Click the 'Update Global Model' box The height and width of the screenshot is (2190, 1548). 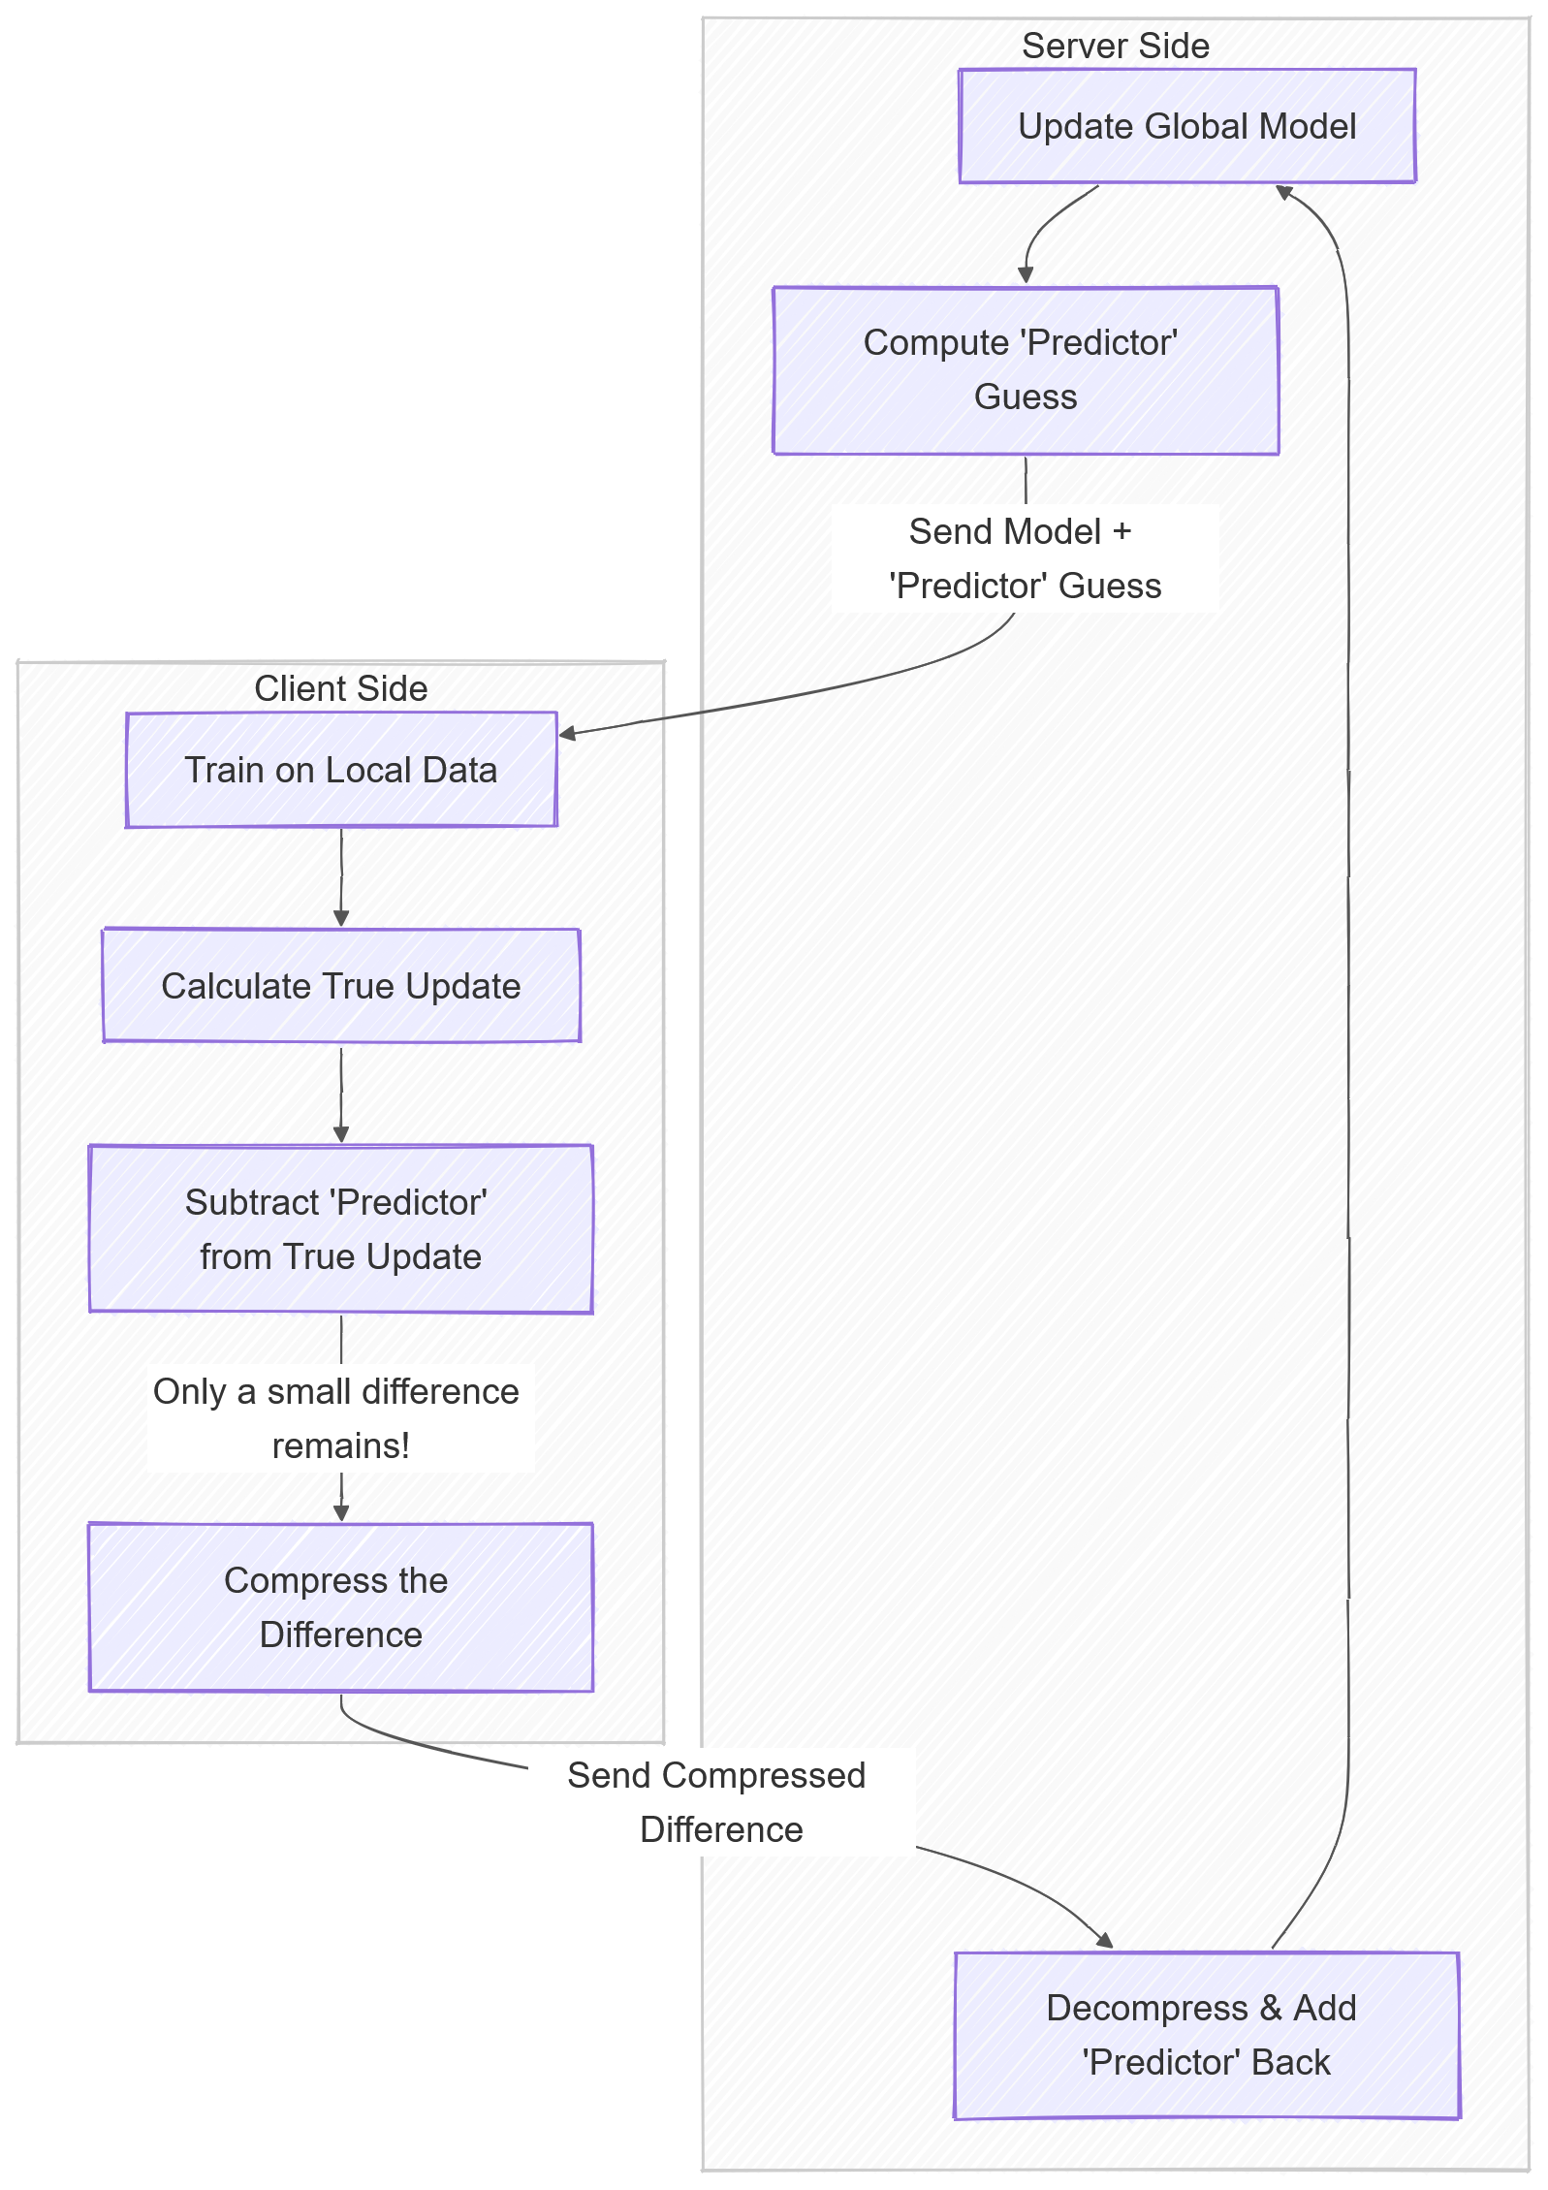(1186, 126)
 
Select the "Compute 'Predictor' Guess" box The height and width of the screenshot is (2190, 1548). (1026, 370)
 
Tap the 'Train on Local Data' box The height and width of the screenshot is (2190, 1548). (341, 770)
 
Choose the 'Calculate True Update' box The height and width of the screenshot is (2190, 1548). (341, 986)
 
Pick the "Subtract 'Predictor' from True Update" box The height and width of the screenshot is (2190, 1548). (341, 1229)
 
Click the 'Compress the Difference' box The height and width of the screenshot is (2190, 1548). (341, 1607)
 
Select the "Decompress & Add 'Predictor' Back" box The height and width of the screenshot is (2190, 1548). (1207, 2035)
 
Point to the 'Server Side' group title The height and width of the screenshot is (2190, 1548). (1116, 46)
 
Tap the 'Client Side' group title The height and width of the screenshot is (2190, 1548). (341, 688)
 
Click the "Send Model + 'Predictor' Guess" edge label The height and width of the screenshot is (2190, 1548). (1026, 558)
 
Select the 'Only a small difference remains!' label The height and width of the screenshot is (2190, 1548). (336, 1418)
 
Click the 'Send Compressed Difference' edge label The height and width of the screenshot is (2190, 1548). (717, 1802)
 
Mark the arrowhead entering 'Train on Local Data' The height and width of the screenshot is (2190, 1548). (568, 734)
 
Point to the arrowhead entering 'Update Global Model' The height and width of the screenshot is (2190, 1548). (1284, 192)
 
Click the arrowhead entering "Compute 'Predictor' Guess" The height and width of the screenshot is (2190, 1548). (1026, 276)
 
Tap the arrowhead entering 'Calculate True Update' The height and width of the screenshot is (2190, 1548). (341, 918)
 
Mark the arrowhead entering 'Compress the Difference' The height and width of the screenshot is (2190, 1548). (341, 1513)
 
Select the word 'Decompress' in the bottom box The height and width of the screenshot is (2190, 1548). (1147, 2008)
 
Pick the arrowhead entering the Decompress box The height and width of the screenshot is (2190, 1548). (1105, 1940)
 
